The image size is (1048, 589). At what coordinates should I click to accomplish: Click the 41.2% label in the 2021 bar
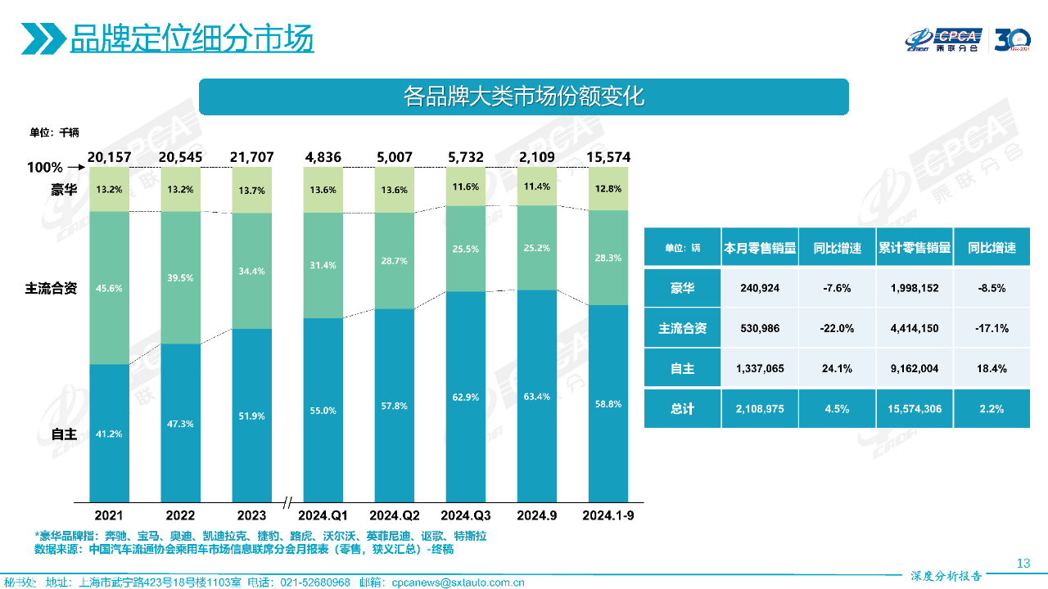click(109, 434)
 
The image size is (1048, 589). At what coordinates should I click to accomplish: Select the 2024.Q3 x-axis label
click(466, 515)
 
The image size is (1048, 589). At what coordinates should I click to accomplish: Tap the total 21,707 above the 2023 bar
click(251, 156)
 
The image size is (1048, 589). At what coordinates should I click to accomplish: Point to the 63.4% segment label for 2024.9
click(537, 397)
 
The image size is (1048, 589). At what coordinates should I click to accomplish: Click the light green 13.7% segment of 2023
click(251, 190)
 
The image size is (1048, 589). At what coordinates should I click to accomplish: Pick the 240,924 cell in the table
click(759, 288)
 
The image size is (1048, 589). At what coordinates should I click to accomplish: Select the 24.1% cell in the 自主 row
click(837, 369)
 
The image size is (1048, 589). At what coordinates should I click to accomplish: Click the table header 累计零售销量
click(914, 248)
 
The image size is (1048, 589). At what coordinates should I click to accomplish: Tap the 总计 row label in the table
click(682, 408)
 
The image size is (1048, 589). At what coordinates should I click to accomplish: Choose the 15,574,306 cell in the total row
click(914, 408)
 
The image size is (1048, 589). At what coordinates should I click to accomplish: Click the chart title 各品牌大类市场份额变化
click(524, 97)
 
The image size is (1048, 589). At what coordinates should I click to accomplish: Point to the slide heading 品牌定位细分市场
click(192, 38)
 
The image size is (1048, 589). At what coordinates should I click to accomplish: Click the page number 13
click(1023, 563)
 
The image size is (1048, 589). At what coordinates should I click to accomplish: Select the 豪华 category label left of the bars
click(64, 191)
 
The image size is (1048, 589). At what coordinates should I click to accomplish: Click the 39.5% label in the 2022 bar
click(180, 278)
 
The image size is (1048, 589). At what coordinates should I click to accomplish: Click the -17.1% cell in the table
click(992, 329)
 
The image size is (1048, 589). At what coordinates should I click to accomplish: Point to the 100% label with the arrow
click(45, 168)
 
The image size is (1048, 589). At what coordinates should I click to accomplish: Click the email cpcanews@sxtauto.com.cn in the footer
click(458, 582)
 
